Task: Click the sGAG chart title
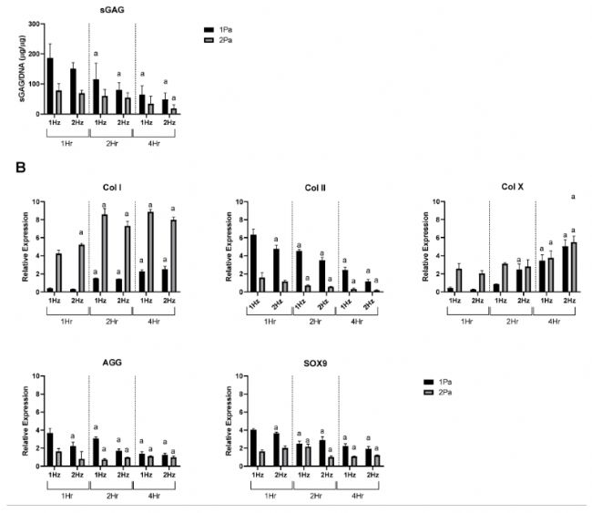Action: coord(113,11)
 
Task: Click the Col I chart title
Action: coord(113,189)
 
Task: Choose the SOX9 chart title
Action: coord(312,363)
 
